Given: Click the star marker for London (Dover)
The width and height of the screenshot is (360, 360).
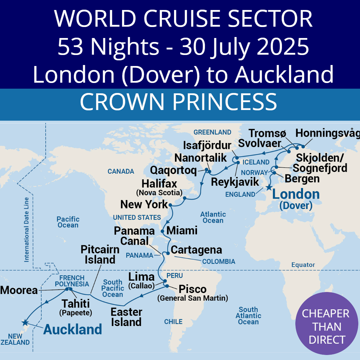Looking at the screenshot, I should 268,187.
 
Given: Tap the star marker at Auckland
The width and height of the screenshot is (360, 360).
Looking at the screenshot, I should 25,322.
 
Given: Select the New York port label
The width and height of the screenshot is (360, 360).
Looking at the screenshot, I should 144,204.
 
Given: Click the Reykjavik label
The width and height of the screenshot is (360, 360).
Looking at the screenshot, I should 235,182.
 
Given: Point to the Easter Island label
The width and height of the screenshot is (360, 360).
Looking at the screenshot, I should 126,317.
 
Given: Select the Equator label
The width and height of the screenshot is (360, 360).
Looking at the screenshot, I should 303,265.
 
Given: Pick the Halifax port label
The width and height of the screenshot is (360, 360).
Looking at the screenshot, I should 159,184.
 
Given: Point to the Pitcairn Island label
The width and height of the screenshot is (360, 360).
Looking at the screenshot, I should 100,254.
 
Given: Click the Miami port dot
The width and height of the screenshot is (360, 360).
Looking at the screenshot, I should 162,231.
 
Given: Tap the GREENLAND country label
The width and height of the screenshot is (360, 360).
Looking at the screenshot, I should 212,132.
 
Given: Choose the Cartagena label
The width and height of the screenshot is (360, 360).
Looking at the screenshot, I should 196,250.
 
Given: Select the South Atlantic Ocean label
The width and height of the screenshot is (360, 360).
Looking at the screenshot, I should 248,316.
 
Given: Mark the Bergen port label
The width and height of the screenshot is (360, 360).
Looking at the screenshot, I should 302,179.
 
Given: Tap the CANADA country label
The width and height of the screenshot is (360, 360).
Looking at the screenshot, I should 121,171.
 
